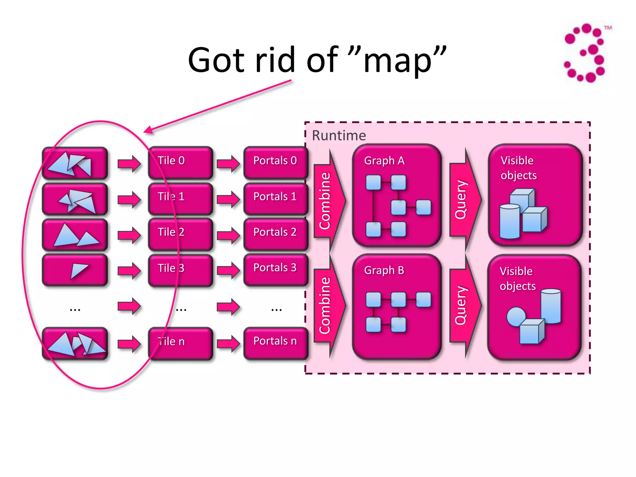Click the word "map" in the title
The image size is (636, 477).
[397, 61]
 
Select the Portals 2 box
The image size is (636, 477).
[275, 234]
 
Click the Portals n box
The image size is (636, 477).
[275, 343]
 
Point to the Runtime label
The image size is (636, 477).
[339, 135]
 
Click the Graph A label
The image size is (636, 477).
[384, 161]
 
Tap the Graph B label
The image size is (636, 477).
[384, 270]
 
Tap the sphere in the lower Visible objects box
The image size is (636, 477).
[516, 316]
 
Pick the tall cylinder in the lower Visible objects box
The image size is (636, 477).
[551, 306]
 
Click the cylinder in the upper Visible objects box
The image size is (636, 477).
[510, 221]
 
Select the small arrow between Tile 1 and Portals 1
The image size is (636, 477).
[228, 199]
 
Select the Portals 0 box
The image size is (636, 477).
[275, 163]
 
